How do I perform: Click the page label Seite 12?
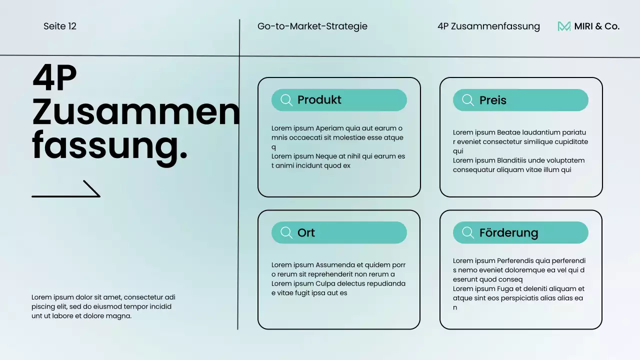point(60,26)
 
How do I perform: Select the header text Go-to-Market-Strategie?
point(312,26)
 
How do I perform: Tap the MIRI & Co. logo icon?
point(564,26)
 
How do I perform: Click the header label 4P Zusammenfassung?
point(488,26)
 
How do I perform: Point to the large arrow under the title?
point(66,189)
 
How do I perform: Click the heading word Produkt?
point(319,100)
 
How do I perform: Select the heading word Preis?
point(492,100)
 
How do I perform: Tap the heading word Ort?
point(306,233)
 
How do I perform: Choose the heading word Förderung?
point(508,233)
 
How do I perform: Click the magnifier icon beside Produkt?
point(286,100)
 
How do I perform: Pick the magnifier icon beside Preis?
point(468,100)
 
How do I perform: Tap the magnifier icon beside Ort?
point(286,232)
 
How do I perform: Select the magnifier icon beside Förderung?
point(468,232)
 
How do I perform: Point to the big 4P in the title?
point(54,78)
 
